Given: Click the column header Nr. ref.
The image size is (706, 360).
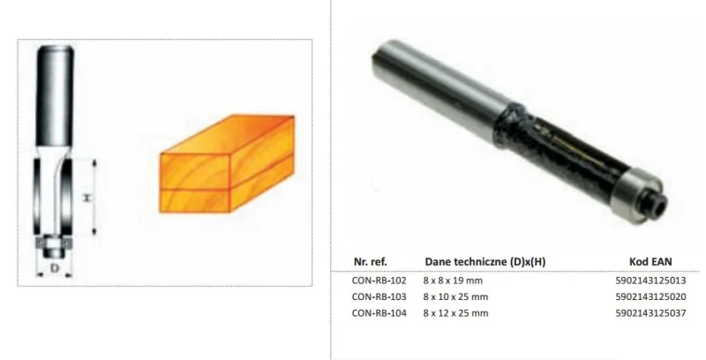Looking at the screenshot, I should point(370,261).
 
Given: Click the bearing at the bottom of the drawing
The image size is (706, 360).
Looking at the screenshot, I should point(55,239).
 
